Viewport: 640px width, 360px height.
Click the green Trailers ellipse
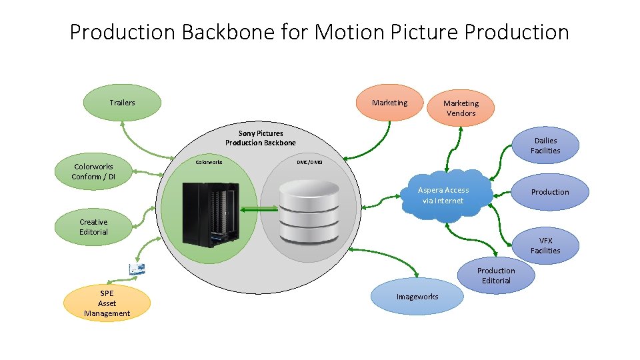[x=122, y=103]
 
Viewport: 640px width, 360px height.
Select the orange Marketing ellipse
[x=389, y=103]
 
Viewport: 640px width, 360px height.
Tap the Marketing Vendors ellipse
[x=461, y=108]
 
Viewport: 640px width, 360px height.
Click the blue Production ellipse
[x=549, y=192]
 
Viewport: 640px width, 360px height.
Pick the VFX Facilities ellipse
[x=545, y=245]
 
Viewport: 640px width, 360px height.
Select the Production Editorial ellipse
[x=495, y=275]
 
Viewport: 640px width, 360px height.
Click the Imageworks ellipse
[x=417, y=297]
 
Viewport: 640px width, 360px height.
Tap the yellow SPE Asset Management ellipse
[x=107, y=303]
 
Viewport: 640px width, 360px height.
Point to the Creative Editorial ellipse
[x=93, y=227]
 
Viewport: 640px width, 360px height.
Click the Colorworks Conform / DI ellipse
[x=93, y=172]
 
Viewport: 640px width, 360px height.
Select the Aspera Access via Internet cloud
[x=443, y=195]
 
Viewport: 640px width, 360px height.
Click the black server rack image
[x=211, y=214]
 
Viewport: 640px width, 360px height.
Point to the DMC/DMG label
[x=309, y=162]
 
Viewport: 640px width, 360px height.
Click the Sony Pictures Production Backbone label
[x=261, y=138]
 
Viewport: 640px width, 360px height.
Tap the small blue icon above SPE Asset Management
[x=137, y=269]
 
